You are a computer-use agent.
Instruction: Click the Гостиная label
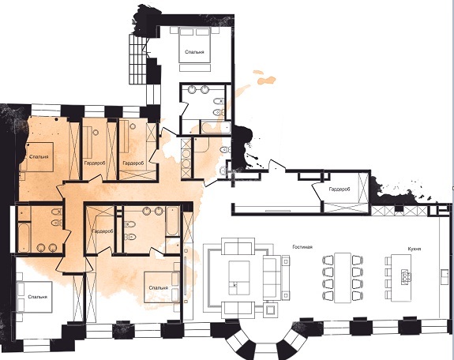pos(302,247)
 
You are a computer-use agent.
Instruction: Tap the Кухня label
pos(415,249)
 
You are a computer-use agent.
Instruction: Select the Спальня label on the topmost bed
pos(194,52)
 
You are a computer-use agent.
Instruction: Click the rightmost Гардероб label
pos(340,189)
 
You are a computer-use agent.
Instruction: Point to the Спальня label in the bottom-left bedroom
pos(38,297)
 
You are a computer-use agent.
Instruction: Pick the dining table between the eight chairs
pos(343,278)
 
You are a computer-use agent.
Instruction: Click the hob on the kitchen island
pos(405,276)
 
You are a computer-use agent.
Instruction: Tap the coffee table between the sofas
pos(239,277)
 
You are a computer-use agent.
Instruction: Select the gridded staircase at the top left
pos(138,59)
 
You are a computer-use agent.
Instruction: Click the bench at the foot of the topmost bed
pos(195,68)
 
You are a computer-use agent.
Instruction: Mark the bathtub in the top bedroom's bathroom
pos(216,128)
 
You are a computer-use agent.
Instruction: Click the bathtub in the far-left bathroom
pos(24,237)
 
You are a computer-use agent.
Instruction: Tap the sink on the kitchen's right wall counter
pos(444,276)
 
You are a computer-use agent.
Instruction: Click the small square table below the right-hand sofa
pos(272,310)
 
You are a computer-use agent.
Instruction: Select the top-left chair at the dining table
pos(328,260)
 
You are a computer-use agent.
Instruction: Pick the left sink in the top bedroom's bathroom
pos(192,89)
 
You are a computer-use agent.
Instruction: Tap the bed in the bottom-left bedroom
pos(34,297)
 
